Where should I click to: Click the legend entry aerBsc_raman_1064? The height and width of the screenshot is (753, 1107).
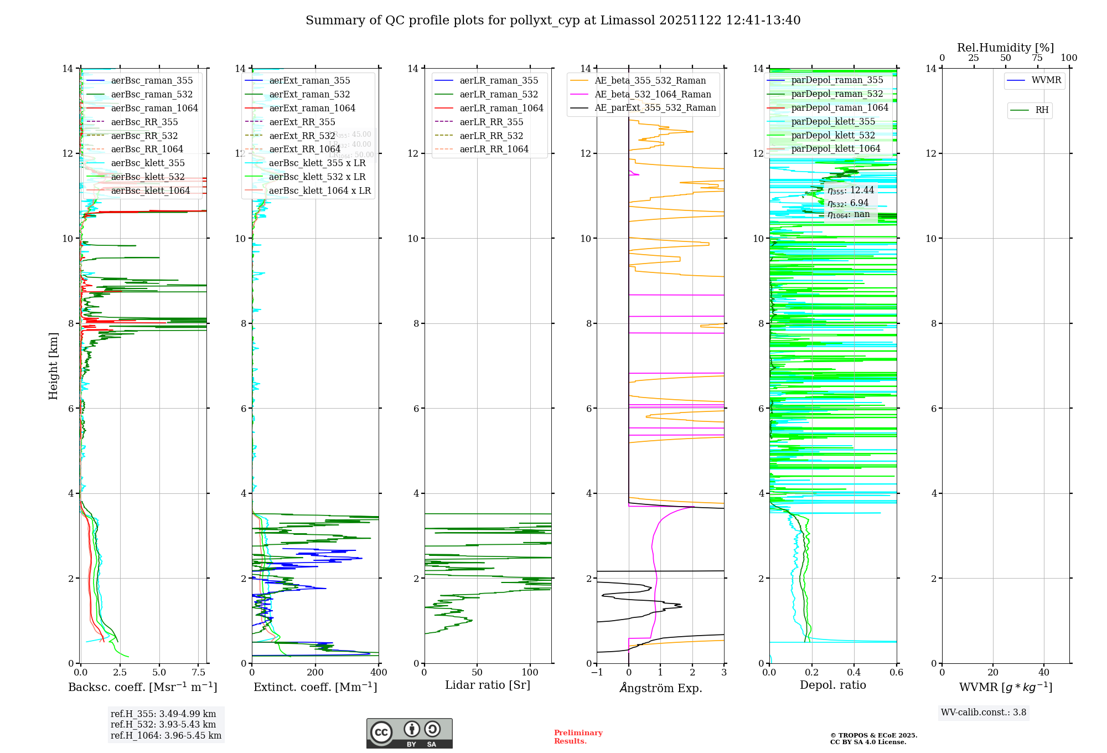click(x=154, y=108)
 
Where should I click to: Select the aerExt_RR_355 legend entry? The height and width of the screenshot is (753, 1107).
click(x=302, y=122)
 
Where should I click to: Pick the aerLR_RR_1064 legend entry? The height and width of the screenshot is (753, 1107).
click(x=494, y=149)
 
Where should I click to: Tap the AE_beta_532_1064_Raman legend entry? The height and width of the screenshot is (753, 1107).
click(x=653, y=94)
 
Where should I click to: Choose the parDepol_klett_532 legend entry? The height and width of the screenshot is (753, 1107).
click(x=832, y=135)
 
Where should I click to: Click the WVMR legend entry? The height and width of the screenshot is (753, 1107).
click(x=1046, y=80)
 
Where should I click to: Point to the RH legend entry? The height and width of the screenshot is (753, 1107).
click(x=1042, y=110)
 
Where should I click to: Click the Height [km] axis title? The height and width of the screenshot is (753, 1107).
click(x=53, y=365)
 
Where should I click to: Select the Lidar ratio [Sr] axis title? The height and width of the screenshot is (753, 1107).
click(x=487, y=685)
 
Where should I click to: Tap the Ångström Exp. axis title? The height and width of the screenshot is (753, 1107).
click(x=660, y=688)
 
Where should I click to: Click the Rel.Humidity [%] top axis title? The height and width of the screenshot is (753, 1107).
click(x=1005, y=48)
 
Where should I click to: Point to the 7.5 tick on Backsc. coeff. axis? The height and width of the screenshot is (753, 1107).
click(x=199, y=673)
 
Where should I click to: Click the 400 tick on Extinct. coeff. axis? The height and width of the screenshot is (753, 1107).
click(x=379, y=673)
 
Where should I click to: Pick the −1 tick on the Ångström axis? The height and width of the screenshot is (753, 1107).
click(x=596, y=673)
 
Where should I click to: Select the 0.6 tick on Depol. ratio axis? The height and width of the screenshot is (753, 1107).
click(x=896, y=673)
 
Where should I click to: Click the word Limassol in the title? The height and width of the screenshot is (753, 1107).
click(x=632, y=20)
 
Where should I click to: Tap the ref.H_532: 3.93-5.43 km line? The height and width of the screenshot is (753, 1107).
click(x=163, y=724)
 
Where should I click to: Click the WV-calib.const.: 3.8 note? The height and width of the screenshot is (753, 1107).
click(x=984, y=713)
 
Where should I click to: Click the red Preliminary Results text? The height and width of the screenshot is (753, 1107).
click(x=578, y=737)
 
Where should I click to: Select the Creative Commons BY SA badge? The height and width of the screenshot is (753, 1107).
click(x=409, y=734)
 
